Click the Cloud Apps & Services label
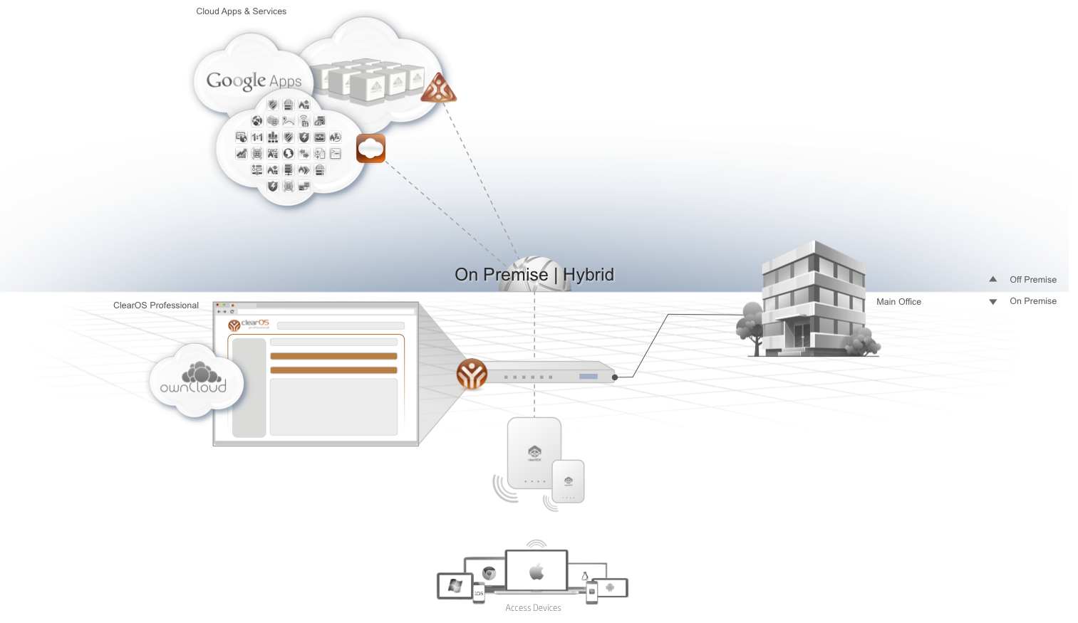pos(241,11)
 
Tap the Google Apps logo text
pos(254,81)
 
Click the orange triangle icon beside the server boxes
pos(438,89)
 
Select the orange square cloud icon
pos(370,148)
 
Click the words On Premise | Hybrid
pos(534,275)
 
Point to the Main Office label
pos(898,302)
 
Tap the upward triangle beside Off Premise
pos(993,279)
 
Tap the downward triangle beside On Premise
pos(993,302)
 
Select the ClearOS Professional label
pos(155,305)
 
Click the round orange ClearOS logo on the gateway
pos(472,374)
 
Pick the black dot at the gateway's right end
pos(615,377)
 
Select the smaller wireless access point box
pos(569,481)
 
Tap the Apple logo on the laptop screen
pos(537,572)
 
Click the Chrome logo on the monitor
pos(489,573)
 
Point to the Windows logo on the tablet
pos(455,586)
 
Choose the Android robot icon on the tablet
pos(610,587)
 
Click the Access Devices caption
pos(533,608)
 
